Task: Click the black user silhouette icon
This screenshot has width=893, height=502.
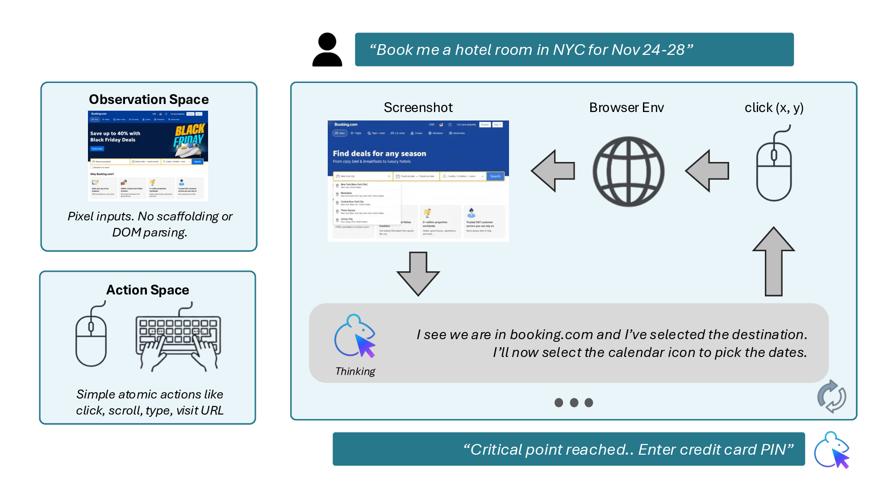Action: tap(327, 50)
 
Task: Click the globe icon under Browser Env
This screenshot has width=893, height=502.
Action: tap(628, 172)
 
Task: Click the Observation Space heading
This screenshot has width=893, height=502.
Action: tap(149, 99)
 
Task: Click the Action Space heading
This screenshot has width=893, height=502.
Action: tap(148, 290)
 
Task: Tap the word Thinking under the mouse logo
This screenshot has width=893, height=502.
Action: tap(355, 371)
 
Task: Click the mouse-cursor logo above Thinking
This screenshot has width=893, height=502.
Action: tap(355, 337)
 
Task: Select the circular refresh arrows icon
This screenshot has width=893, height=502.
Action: tap(831, 396)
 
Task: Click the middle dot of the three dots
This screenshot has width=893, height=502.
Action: tap(574, 402)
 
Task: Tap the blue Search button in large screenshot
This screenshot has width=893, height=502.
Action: tap(495, 176)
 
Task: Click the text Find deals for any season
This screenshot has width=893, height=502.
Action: tap(379, 154)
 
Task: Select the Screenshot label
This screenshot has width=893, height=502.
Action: tap(418, 108)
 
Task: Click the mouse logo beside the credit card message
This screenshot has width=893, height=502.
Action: tap(831, 450)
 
